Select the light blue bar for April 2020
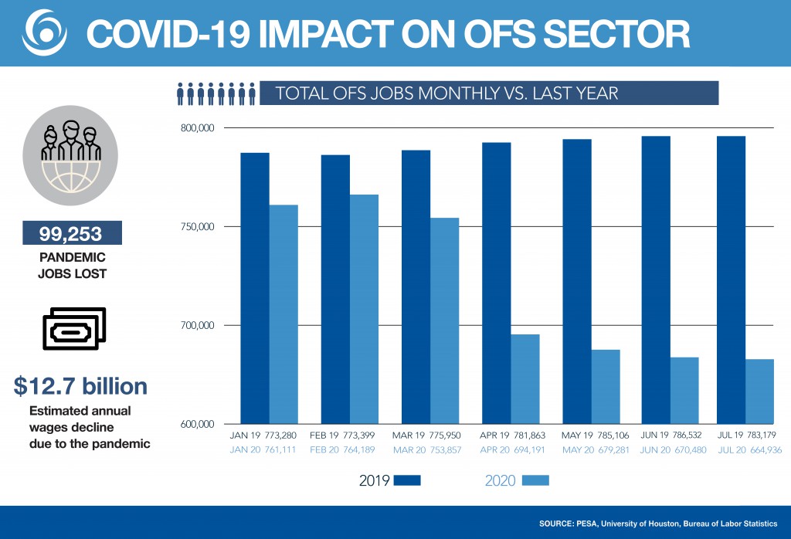pos(525,378)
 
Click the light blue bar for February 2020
pos(364,309)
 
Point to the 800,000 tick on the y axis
pos(194,128)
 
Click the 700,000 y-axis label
pos(194,326)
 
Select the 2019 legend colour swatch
pos(407,480)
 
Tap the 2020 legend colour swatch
pos(535,480)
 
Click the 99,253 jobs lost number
pos(62,234)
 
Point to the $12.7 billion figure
pos(80,387)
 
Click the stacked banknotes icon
pos(74,328)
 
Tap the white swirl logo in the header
pos(44,32)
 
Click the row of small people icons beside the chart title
pos(216,93)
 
